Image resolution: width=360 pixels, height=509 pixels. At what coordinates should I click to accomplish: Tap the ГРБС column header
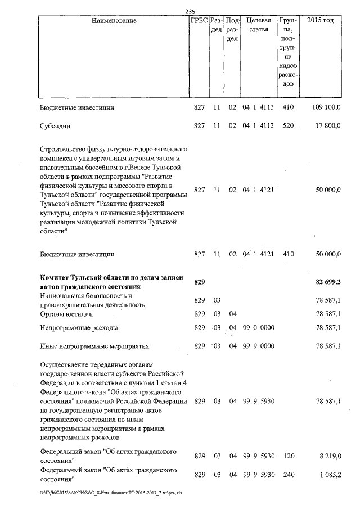click(x=199, y=21)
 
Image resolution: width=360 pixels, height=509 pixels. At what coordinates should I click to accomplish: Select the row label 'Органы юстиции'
click(x=66, y=313)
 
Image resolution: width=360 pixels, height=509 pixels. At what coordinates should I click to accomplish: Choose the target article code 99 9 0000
click(x=258, y=346)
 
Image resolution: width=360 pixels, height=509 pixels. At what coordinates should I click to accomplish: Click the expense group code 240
click(x=289, y=475)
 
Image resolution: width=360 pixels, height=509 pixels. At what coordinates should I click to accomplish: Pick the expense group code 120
click(x=289, y=456)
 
